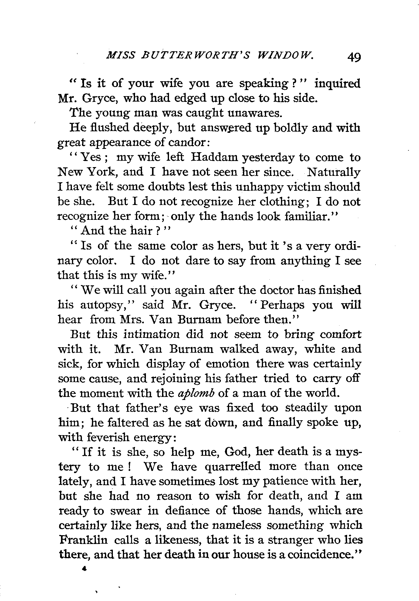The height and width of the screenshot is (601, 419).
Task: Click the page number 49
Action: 354,57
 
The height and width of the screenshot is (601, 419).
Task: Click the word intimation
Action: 151,334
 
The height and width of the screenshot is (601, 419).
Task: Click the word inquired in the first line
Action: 337,84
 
